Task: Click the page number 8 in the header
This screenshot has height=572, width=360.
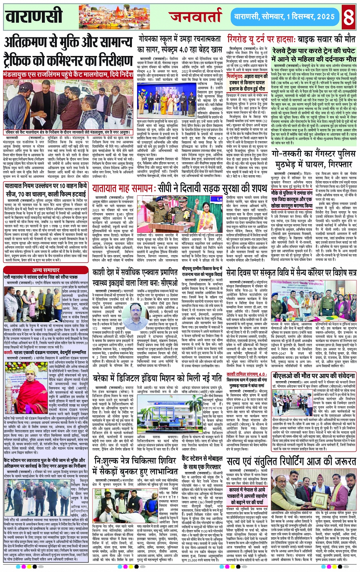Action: click(348, 16)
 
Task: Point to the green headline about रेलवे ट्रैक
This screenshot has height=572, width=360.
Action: click(314, 55)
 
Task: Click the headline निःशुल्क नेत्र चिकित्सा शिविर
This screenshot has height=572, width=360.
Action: click(136, 466)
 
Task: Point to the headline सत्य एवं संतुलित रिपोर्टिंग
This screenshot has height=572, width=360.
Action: click(291, 461)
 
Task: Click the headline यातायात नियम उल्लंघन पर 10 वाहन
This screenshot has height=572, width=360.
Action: click(46, 190)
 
